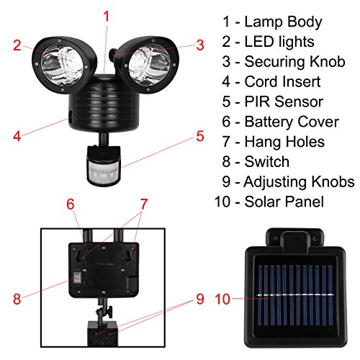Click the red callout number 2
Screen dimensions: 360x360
click(17, 45)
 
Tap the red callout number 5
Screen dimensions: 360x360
click(200, 136)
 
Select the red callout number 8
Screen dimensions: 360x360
click(17, 299)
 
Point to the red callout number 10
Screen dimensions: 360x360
click(222, 299)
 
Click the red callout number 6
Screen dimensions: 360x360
click(71, 204)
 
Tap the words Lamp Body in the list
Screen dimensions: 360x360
click(283, 22)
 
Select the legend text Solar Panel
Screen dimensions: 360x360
click(284, 202)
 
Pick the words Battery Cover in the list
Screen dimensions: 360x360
click(292, 122)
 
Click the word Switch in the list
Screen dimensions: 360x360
click(267, 161)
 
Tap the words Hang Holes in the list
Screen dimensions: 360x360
click(284, 141)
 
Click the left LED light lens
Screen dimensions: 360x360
click(63, 65)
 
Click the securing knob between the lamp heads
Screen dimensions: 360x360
click(112, 54)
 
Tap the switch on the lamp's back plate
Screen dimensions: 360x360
click(76, 278)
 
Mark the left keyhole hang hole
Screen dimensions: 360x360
click(79, 256)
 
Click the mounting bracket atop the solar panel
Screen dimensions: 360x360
click(295, 239)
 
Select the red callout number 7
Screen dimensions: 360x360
click(143, 204)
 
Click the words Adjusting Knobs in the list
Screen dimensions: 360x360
click(299, 181)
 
